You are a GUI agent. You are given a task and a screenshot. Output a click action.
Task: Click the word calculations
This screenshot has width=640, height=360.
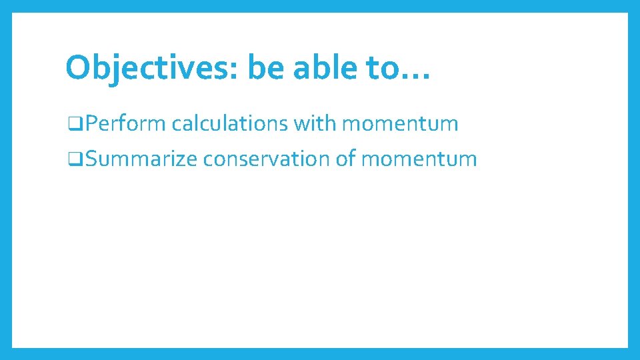tap(229, 123)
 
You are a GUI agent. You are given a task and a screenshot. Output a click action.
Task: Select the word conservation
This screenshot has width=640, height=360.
tap(267, 159)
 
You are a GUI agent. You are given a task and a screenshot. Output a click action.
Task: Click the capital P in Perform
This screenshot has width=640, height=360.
tap(91, 123)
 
